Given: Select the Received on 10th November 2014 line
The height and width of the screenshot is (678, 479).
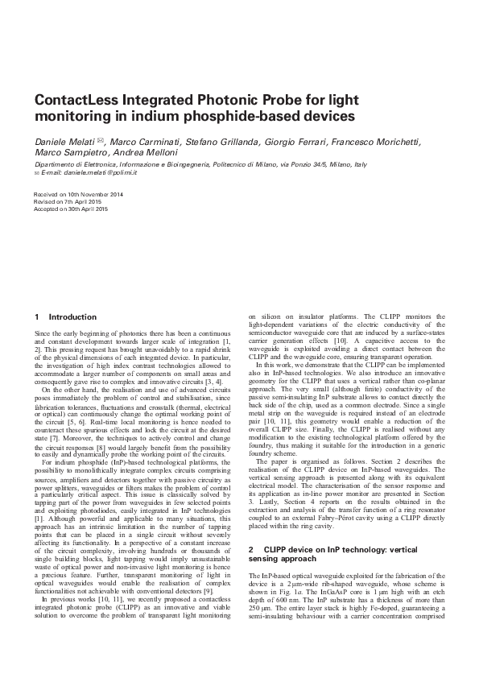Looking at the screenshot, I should click(77, 195).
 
